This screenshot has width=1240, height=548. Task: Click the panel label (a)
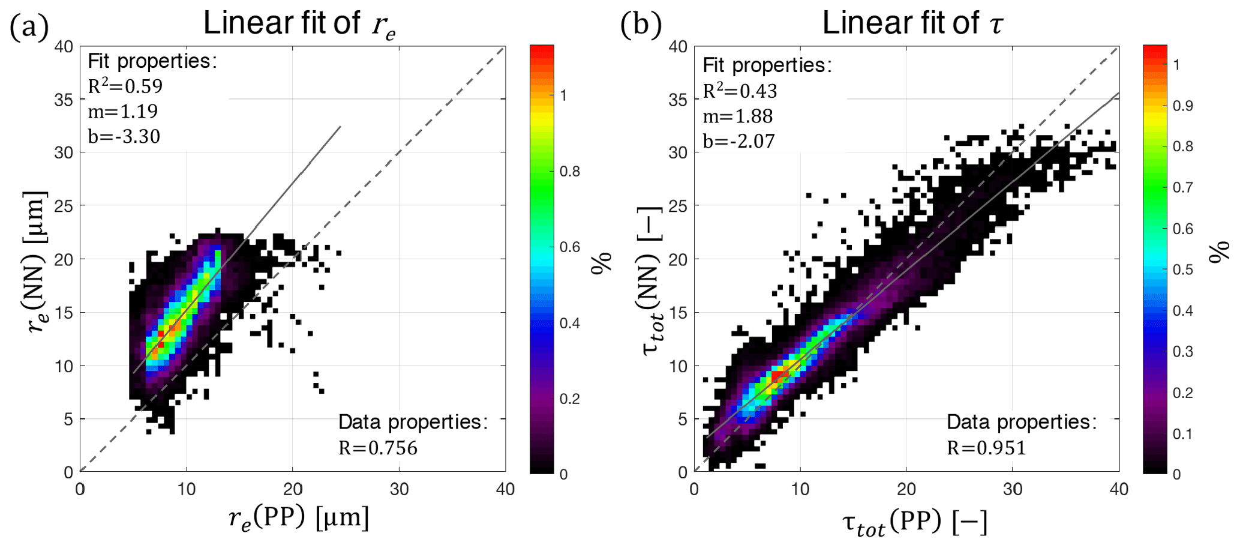[x=29, y=27]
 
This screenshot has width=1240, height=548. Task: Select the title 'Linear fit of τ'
[x=912, y=24]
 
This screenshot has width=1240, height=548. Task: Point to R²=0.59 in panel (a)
[x=125, y=86]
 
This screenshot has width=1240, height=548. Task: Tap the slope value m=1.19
[x=122, y=112]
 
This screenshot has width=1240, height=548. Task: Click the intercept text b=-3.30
[x=124, y=137]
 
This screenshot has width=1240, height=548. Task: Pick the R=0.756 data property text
[x=377, y=448]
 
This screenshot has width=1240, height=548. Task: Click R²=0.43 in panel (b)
[x=740, y=91]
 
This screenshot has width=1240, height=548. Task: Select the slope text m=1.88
[x=737, y=116]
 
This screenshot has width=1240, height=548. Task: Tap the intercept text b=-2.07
[x=738, y=142]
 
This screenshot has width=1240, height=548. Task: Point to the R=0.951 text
[x=986, y=448]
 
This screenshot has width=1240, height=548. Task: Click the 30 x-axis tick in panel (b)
[x=1013, y=490]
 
